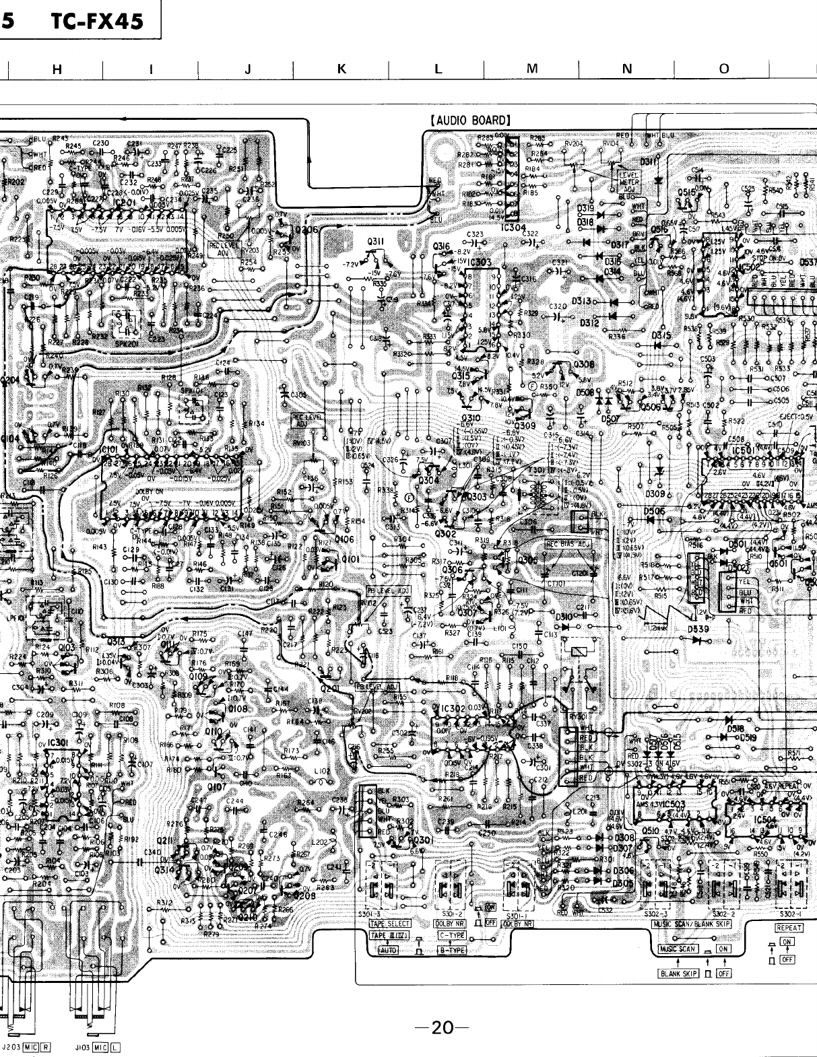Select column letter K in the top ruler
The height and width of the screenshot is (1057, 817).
pyautogui.click(x=341, y=68)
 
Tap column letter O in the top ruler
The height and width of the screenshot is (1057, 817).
pyautogui.click(x=723, y=68)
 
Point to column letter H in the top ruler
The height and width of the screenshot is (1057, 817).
pyautogui.click(x=57, y=68)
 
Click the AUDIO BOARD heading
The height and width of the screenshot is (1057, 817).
pyautogui.click(x=469, y=121)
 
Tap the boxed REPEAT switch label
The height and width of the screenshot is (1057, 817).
pyautogui.click(x=789, y=927)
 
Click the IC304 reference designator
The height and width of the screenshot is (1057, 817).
pyautogui.click(x=515, y=227)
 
